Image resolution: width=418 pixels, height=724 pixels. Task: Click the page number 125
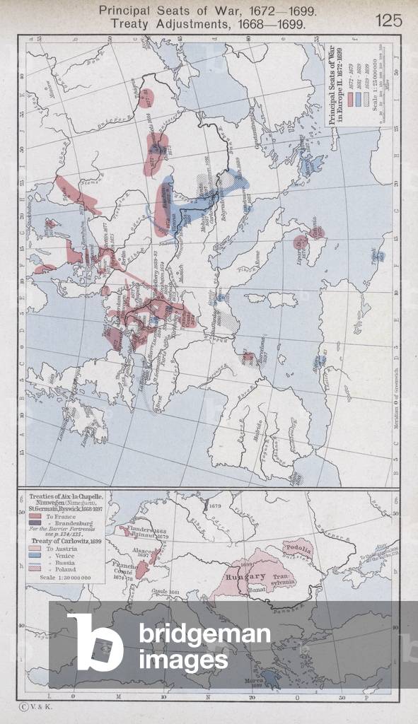(388, 20)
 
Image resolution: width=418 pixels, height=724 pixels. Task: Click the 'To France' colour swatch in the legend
(35, 516)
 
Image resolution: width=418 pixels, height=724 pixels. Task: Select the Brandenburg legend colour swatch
(35, 525)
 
